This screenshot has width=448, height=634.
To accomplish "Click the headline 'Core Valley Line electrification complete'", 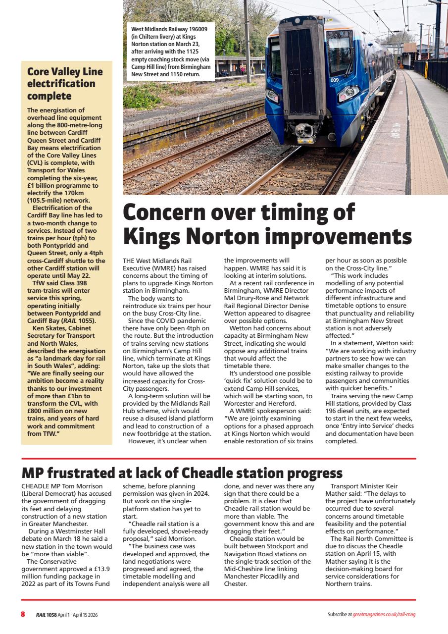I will (64, 83).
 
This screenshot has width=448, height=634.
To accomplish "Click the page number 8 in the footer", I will (23, 614).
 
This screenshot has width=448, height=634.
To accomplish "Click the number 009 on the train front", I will (335, 80).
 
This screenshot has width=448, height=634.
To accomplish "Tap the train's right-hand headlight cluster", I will (349, 93).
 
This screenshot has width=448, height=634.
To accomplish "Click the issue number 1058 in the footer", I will (51, 615).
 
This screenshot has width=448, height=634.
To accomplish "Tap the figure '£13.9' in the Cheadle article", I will (99, 569).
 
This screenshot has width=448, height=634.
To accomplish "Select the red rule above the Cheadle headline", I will (218, 459).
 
